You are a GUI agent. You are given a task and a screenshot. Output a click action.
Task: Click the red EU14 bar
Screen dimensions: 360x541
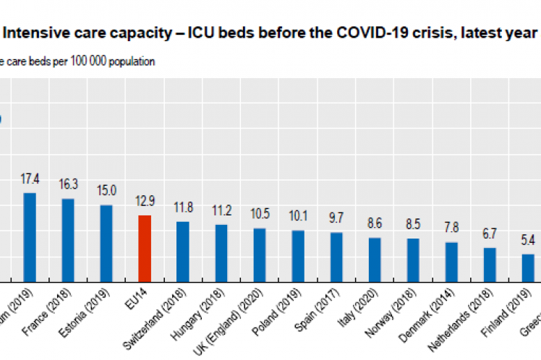[145, 248]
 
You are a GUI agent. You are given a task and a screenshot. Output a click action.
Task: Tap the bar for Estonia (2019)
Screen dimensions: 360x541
[106, 243]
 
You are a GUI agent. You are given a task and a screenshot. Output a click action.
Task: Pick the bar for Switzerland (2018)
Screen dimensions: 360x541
[183, 251]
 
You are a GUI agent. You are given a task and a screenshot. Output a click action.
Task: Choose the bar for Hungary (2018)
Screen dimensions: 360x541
[221, 252]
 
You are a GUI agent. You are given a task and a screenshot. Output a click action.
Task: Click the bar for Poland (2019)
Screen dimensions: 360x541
[298, 255]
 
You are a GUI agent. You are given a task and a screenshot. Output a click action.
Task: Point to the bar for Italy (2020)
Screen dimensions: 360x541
[375, 259]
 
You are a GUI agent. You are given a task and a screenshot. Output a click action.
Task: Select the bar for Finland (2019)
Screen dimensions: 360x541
[528, 267]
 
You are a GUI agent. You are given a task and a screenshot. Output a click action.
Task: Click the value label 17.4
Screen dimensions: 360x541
[30, 178]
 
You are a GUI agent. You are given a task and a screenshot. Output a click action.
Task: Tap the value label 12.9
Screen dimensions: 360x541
[145, 200]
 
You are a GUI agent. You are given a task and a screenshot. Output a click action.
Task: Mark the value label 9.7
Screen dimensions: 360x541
[336, 218]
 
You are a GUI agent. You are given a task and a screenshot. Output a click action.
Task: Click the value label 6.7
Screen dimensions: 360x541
[490, 233]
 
